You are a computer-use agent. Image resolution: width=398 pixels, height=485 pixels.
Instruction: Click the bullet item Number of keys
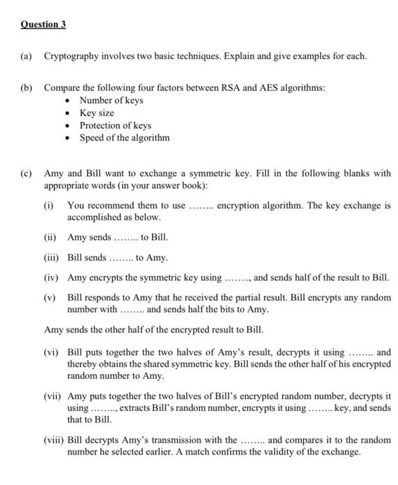pyautogui.click(x=110, y=100)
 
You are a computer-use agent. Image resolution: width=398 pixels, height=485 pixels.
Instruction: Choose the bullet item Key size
pyautogui.click(x=96, y=113)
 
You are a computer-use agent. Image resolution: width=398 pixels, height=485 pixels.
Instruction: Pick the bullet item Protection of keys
pyautogui.click(x=115, y=125)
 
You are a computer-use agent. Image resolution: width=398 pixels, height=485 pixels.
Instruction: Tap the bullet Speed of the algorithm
pyautogui.click(x=124, y=138)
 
